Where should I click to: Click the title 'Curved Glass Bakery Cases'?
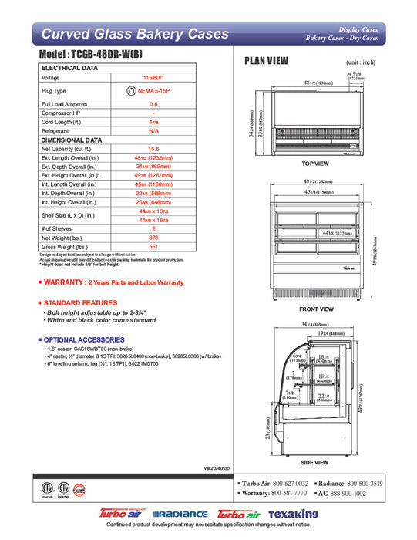pyautogui.click(x=134, y=34)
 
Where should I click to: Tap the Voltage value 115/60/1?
pyautogui.click(x=153, y=78)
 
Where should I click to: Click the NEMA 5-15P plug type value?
pyautogui.click(x=156, y=90)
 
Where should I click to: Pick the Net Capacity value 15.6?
pyautogui.click(x=153, y=149)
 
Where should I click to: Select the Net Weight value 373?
pyautogui.click(x=153, y=238)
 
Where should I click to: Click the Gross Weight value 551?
pyautogui.click(x=153, y=248)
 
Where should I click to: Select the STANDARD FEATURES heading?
pyautogui.click(x=80, y=302)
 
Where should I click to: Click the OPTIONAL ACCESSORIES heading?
pyautogui.click(x=84, y=339)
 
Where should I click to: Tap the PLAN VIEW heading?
pyautogui.click(x=267, y=60)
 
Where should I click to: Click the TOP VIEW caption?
pyautogui.click(x=315, y=164)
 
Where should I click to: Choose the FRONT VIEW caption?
pyautogui.click(x=315, y=309)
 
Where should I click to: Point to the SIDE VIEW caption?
pyautogui.click(x=315, y=462)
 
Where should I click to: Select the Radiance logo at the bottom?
pyautogui.click(x=180, y=514)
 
